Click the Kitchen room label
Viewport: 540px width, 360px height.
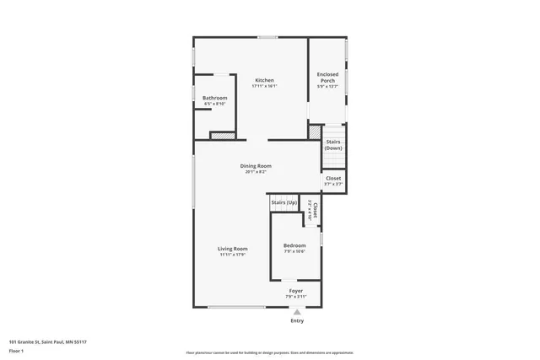264,80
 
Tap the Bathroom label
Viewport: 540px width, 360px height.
214,98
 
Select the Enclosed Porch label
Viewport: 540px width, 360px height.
327,77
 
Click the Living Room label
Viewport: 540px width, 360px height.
232,249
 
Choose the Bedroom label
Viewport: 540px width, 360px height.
294,245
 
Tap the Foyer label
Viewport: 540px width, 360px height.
296,291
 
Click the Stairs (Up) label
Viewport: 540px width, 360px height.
283,202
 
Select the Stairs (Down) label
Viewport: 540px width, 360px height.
333,144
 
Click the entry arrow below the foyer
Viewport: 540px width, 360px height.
296,311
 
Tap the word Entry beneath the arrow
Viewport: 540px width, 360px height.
297,320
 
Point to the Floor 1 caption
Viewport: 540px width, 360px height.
16,350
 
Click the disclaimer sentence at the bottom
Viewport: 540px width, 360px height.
268,352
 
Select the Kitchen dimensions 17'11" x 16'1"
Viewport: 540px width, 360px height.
264,86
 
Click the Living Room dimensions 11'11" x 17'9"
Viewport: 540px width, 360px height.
232,255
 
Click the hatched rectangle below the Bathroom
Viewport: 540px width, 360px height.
221,134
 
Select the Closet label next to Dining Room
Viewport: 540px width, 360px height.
333,178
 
